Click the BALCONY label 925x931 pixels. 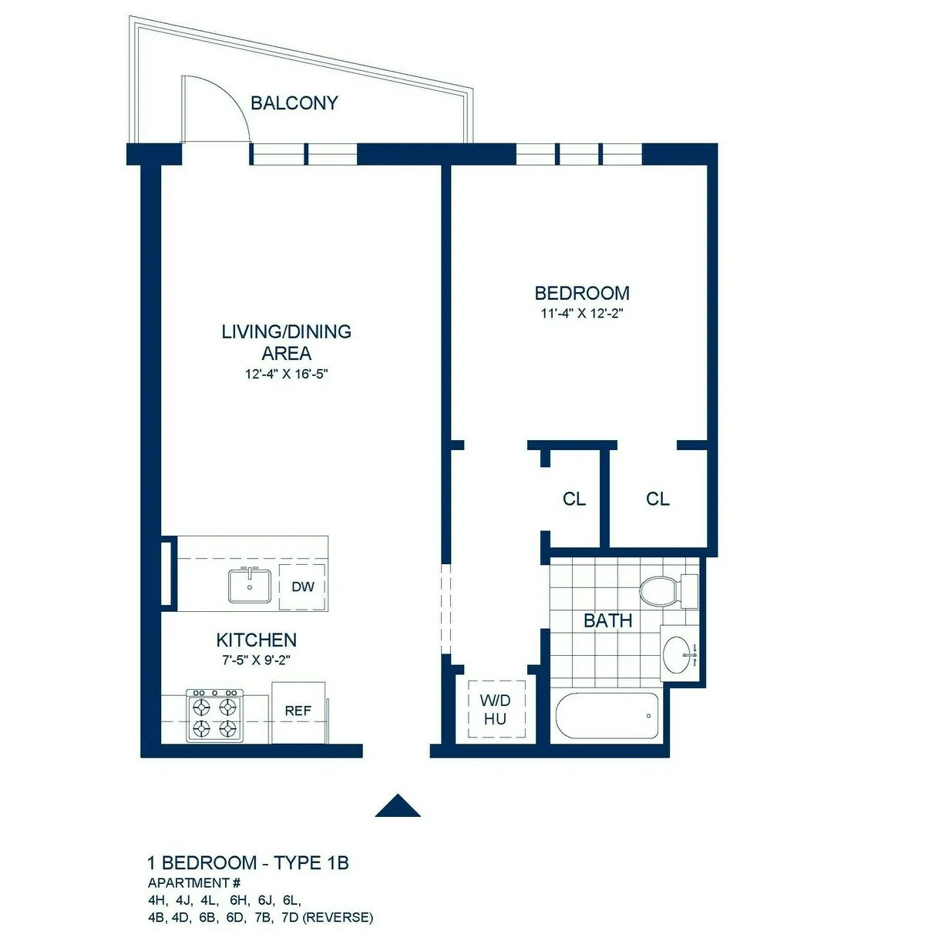[294, 103]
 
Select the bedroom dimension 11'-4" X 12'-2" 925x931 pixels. [581, 314]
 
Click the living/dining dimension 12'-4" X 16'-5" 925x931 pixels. [287, 375]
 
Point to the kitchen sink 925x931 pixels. [249, 586]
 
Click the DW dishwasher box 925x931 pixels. [302, 586]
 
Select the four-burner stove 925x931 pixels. [214, 716]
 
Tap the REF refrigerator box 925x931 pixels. [298, 711]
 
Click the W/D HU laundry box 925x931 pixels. [495, 709]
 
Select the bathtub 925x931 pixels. [607, 716]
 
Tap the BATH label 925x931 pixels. [607, 620]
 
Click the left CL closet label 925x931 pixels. [574, 499]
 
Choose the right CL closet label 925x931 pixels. [658, 499]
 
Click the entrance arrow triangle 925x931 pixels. [398, 805]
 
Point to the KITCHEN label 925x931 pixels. [256, 640]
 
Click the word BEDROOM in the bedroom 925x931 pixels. [582, 294]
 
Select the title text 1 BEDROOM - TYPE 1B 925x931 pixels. [248, 862]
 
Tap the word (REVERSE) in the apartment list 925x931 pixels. [338, 917]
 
